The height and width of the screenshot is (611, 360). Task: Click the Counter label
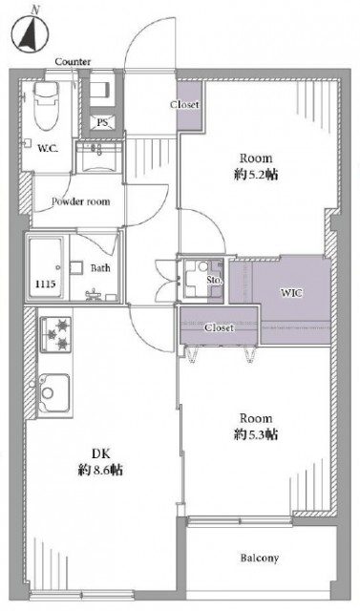pyautogui.click(x=73, y=61)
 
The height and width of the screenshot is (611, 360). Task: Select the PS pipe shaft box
pyautogui.click(x=102, y=122)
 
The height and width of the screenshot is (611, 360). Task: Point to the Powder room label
pyautogui.click(x=80, y=201)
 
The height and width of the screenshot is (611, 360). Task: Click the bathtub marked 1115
pyautogui.click(x=46, y=267)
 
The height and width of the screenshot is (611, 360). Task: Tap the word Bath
pyautogui.click(x=100, y=268)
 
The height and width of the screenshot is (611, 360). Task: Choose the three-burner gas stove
pyautogui.click(x=55, y=334)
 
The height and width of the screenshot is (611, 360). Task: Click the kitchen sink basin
pyautogui.click(x=54, y=392)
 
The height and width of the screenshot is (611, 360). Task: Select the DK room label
pyautogui.click(x=100, y=453)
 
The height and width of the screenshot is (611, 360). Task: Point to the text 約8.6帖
pyautogui.click(x=100, y=471)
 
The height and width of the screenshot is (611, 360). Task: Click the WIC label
pyautogui.click(x=291, y=293)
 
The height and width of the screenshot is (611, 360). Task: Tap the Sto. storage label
pyautogui.click(x=215, y=280)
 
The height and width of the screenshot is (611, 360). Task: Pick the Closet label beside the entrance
pyautogui.click(x=184, y=104)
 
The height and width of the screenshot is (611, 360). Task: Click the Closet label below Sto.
pyautogui.click(x=220, y=328)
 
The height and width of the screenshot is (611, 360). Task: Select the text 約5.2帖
pyautogui.click(x=256, y=175)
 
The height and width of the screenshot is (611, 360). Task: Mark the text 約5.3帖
pyautogui.click(x=256, y=434)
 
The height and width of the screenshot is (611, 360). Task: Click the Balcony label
pyautogui.click(x=260, y=558)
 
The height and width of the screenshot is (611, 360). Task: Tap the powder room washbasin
pyautogui.click(x=100, y=157)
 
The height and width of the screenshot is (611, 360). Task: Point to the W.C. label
pyautogui.click(x=48, y=149)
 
